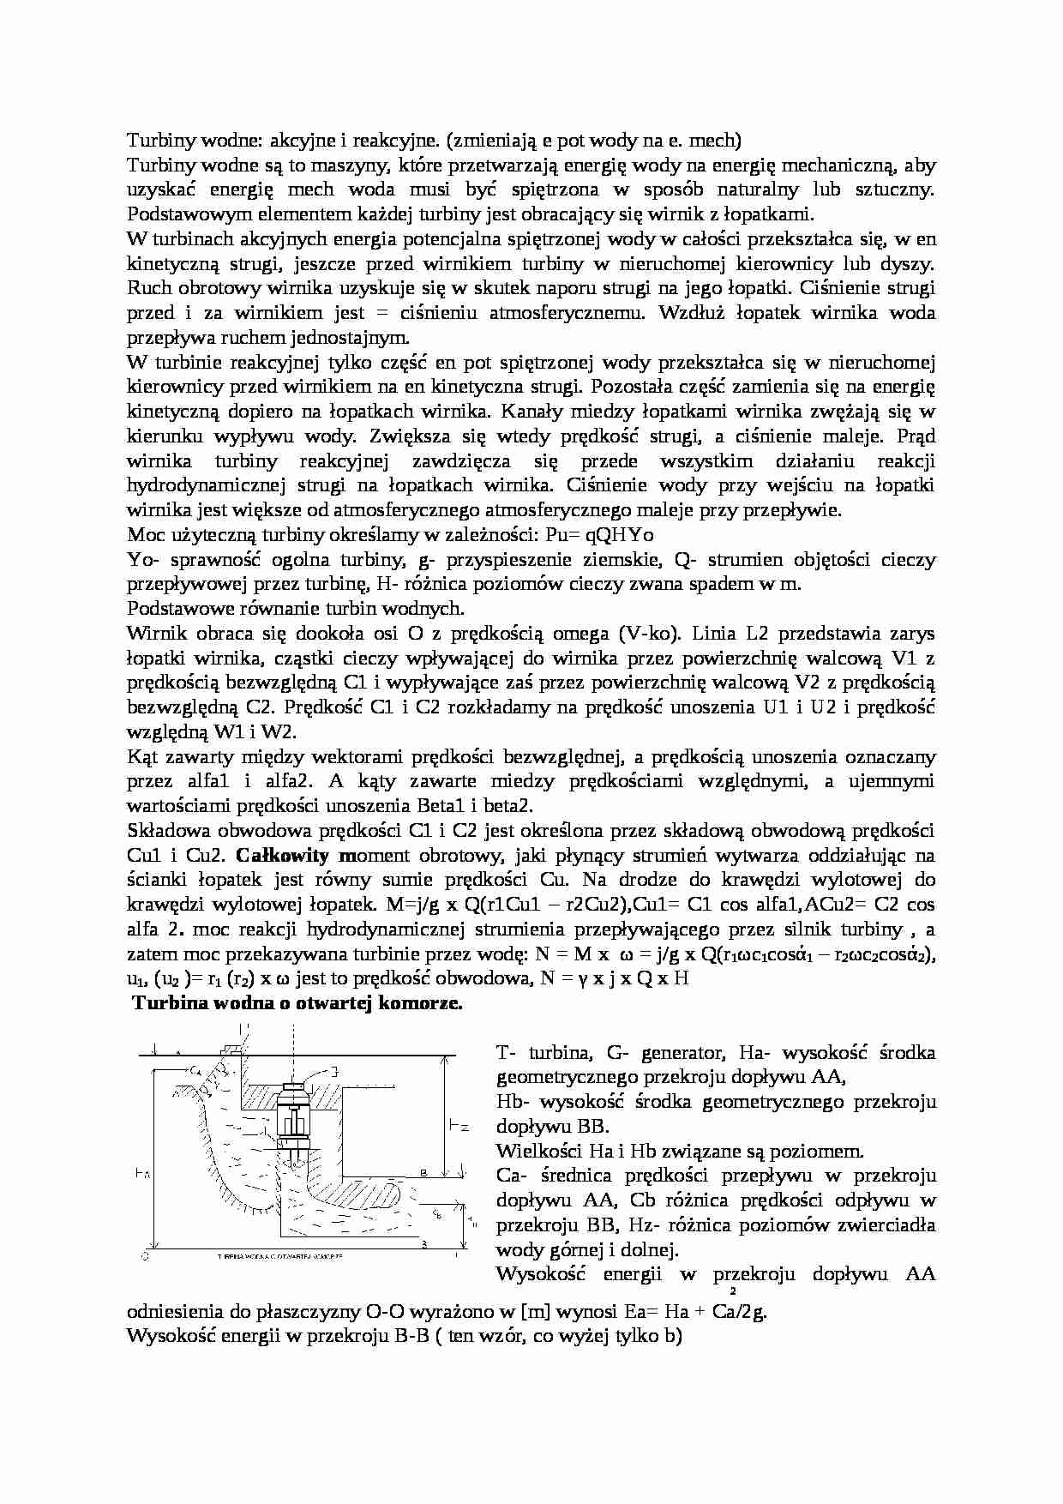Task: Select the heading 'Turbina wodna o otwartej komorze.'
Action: pos(297,1003)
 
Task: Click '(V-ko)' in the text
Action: pos(646,634)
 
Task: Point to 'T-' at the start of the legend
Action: pos(506,1052)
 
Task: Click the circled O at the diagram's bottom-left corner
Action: pos(145,1255)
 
